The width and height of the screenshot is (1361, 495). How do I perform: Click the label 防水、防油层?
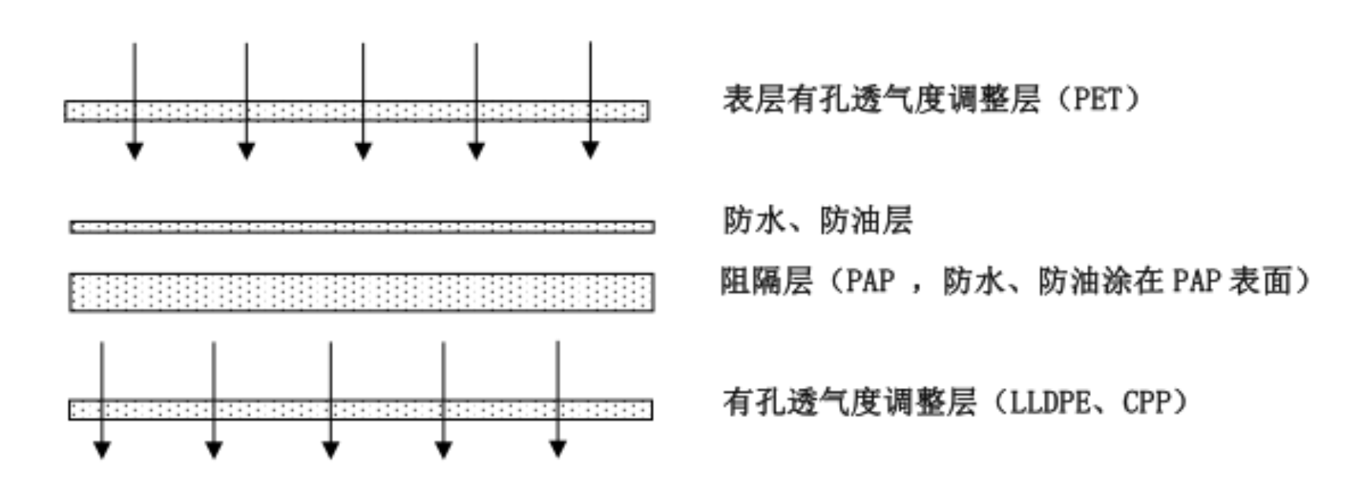tap(817, 220)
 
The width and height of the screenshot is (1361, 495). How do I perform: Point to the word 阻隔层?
tap(767, 281)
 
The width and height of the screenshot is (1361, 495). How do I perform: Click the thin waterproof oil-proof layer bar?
tap(362, 227)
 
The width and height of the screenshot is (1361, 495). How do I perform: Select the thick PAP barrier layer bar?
tap(361, 292)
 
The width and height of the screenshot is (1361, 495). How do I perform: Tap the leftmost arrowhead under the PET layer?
tap(135, 150)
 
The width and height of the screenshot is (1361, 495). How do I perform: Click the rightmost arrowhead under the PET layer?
tap(590, 150)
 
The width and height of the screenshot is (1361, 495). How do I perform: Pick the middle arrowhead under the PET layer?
tap(363, 150)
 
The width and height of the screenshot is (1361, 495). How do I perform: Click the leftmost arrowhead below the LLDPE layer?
tap(102, 449)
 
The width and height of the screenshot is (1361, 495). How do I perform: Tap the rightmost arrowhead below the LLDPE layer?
tap(558, 449)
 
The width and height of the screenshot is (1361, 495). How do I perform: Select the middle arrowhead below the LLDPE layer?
tap(331, 449)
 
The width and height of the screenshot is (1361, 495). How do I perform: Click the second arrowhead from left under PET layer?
tap(246, 150)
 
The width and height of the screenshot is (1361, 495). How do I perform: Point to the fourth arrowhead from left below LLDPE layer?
tap(444, 449)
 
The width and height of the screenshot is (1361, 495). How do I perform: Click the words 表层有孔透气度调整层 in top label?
tap(882, 100)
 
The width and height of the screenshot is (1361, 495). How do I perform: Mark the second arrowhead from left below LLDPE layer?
tap(214, 449)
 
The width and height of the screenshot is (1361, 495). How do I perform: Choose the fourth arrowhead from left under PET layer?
tap(475, 150)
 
